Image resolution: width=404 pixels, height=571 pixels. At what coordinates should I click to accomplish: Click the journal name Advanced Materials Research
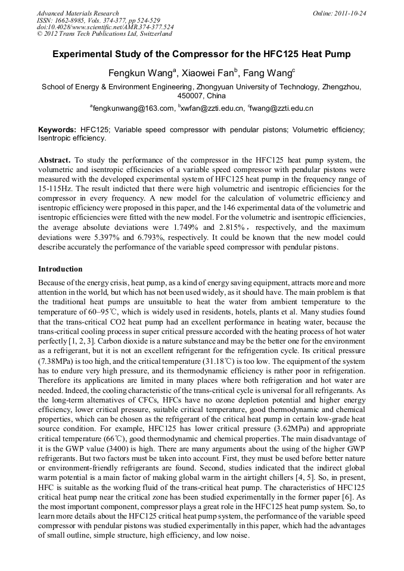pos(77,13)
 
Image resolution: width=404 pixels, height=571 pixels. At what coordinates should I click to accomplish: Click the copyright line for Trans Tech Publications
pos(104,34)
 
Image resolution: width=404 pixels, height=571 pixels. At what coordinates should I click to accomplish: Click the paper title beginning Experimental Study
pos(201,54)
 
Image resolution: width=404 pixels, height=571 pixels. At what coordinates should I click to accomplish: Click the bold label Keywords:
pos(57,129)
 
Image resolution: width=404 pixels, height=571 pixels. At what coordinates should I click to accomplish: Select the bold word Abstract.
pos(55,161)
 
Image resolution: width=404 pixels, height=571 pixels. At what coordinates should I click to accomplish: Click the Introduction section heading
pos(60,269)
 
